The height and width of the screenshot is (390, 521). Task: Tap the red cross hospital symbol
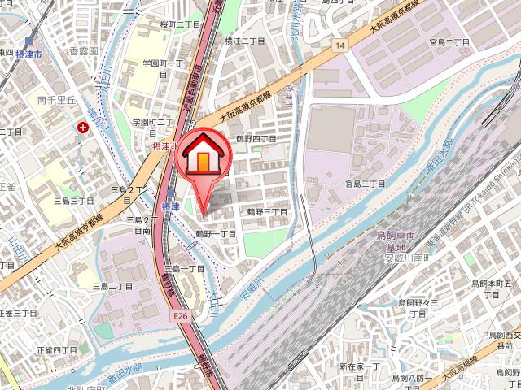tap(83, 127)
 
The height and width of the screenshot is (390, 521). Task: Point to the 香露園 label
tap(83, 50)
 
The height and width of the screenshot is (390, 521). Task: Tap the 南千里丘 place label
tap(56, 102)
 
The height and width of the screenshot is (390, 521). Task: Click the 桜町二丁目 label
tap(181, 25)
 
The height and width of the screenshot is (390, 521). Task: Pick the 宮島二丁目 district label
tap(450, 41)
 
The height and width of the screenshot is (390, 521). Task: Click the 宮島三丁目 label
tap(365, 184)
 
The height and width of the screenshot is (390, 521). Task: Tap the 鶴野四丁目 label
tap(256, 139)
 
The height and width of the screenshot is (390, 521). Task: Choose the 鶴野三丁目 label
tap(266, 211)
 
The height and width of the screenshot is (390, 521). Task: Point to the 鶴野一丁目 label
tap(215, 233)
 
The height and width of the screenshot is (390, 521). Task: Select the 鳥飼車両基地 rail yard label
tap(396, 240)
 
